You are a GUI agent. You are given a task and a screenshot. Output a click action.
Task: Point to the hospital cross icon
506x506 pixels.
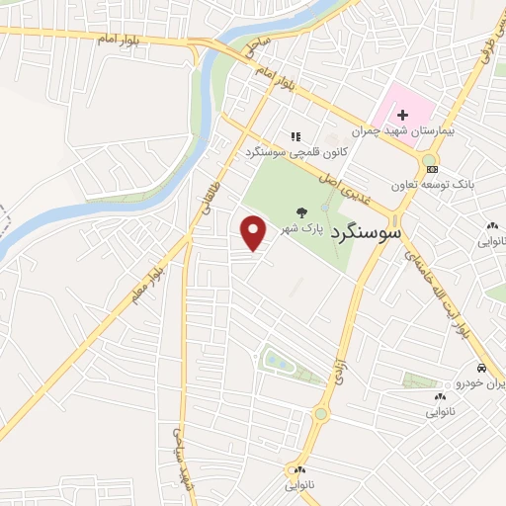403,117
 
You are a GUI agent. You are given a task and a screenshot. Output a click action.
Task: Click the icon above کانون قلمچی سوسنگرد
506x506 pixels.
295,136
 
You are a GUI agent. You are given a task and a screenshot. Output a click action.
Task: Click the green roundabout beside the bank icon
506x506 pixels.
429,160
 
